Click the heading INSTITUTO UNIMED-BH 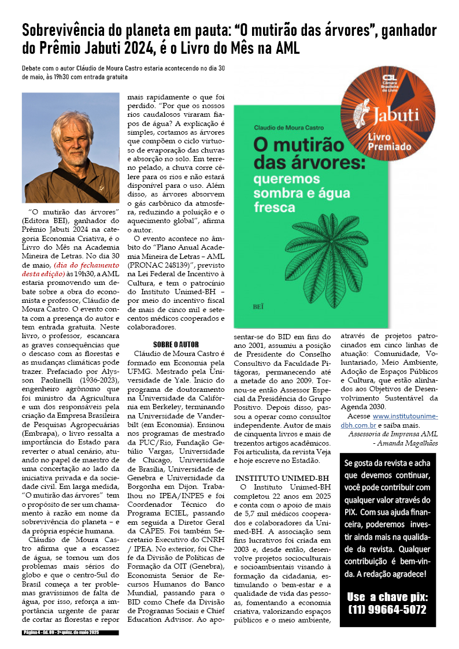click(x=282, y=479)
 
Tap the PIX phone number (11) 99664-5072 click(x=387, y=610)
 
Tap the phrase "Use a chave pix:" click(x=387, y=596)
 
